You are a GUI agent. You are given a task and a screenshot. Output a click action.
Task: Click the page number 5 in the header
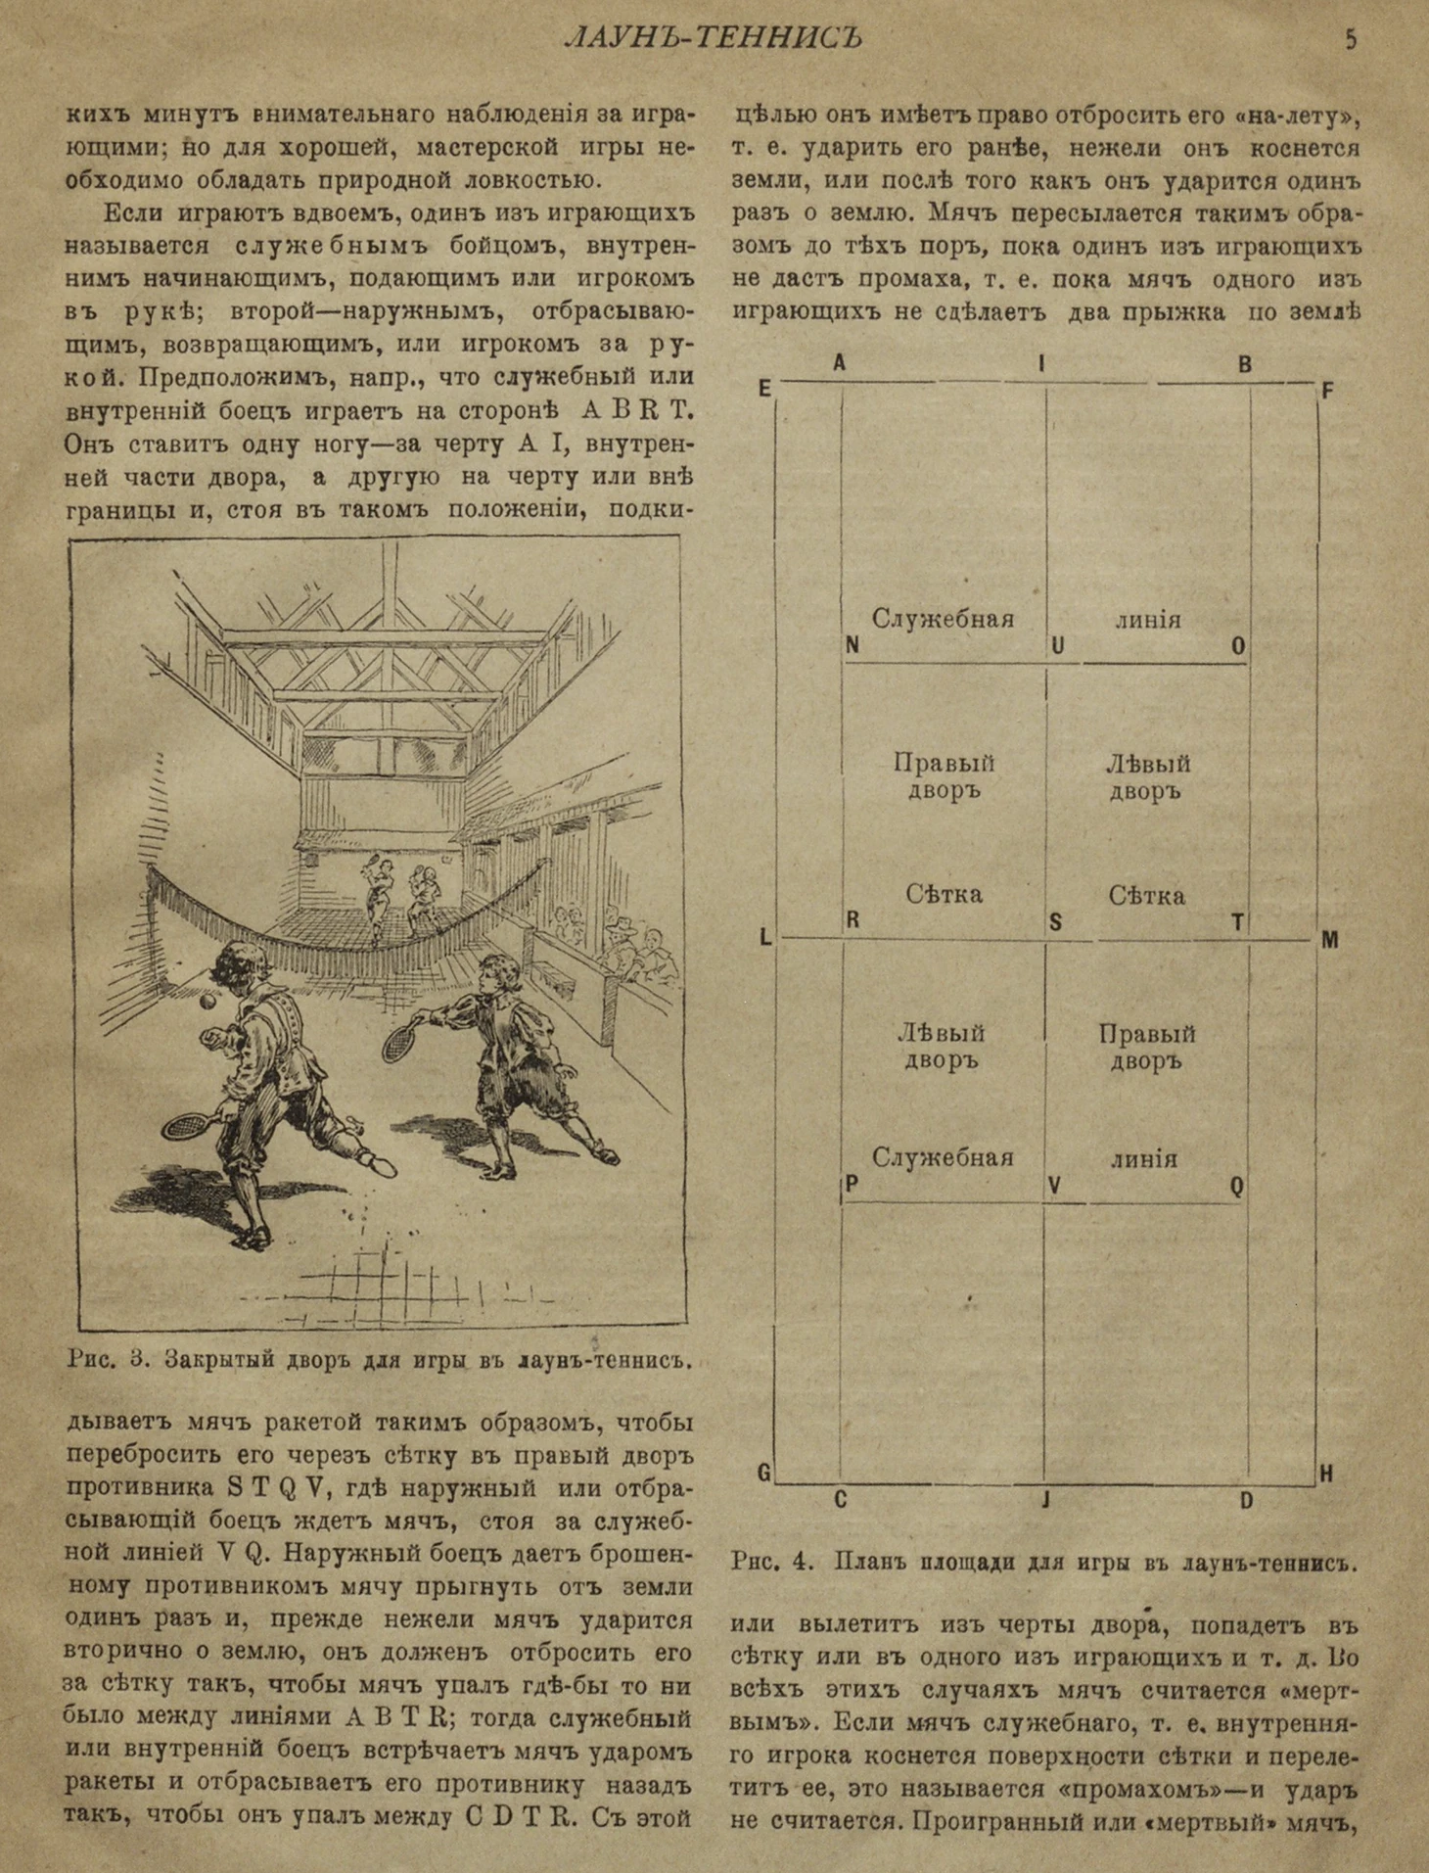point(1351,40)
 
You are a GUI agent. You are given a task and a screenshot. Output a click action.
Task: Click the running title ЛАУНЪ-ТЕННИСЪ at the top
point(714,38)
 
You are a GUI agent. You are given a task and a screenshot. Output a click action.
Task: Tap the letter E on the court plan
point(764,389)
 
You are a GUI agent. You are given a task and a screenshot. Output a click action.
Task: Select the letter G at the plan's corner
point(764,1472)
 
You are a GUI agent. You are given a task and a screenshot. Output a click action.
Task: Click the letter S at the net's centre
point(1055,921)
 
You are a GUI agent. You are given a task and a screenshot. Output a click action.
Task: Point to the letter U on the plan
point(1057,646)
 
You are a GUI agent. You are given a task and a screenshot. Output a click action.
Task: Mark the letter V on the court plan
point(1054,1186)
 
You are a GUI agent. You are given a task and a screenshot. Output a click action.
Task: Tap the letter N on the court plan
point(852,645)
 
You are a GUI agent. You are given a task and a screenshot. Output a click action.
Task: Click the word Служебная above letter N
point(943,619)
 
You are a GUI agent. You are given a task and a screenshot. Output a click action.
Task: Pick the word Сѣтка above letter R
point(944,894)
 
